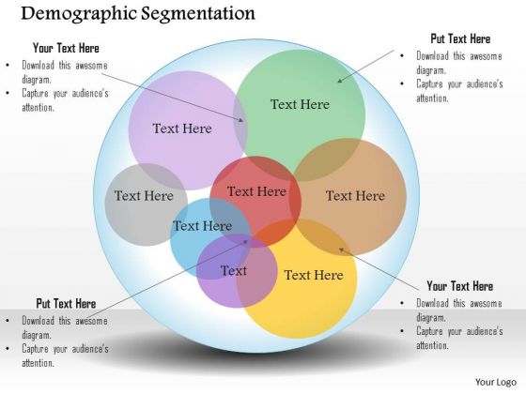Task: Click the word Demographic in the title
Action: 79,14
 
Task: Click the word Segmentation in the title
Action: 198,14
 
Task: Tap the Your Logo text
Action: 496,383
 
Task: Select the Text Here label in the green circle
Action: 300,104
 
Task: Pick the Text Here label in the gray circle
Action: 144,196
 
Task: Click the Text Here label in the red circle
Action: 256,191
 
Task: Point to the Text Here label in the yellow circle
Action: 314,275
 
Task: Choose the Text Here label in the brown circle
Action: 355,196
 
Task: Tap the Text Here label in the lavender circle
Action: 182,129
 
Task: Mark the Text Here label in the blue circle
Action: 202,226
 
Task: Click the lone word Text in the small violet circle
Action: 234,271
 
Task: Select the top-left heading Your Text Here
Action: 66,48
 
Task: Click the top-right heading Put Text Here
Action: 460,38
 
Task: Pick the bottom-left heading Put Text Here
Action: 66,304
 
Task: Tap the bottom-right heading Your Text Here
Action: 460,286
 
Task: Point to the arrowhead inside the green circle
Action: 339,81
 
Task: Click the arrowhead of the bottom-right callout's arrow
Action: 341,250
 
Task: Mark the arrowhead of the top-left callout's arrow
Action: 241,120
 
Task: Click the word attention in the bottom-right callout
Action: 432,345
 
